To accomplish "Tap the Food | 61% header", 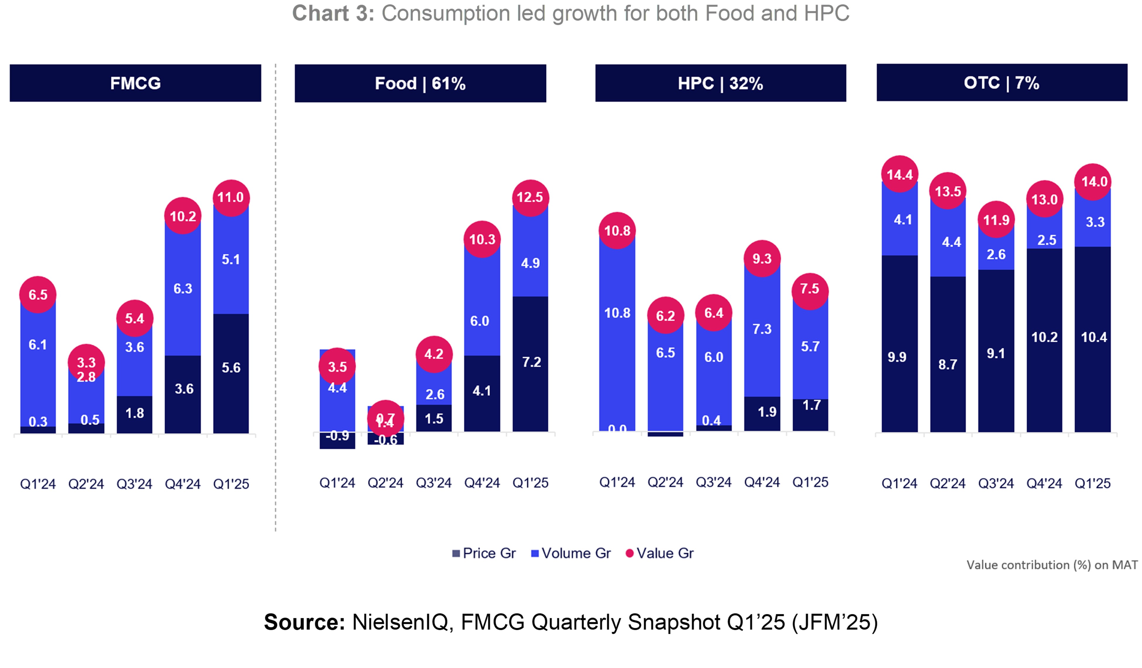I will coord(420,83).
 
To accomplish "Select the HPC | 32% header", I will coord(720,83).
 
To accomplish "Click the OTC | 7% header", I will coord(1001,83).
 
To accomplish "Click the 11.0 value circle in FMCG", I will coord(231,198).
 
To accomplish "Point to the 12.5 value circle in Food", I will coord(530,198).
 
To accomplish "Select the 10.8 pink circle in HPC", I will coord(617,231).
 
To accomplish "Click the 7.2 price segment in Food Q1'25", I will coord(531,362).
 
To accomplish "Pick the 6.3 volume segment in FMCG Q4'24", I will coord(183,289).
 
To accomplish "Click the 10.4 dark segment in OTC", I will coord(1093,337).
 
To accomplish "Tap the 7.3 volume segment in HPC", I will coord(762,329).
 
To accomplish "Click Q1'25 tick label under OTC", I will coord(1092,484).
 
